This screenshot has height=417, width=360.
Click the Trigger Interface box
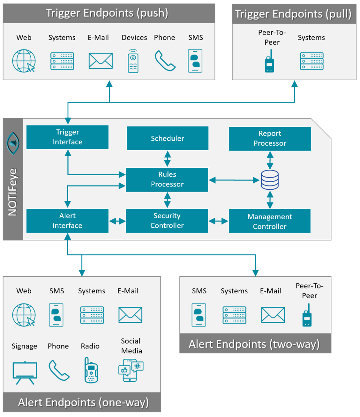67,137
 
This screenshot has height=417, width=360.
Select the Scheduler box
168,138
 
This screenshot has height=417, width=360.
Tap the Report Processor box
270,139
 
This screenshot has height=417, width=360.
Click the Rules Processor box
167,180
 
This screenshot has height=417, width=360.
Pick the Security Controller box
167,221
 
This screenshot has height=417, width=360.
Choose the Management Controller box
270,221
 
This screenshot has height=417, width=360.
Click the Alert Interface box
67,221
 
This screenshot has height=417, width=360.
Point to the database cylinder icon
270,180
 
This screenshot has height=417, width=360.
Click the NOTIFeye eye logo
13,143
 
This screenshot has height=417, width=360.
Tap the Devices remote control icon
133,61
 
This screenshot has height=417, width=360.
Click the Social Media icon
131,370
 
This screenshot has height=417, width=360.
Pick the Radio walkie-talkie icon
91,370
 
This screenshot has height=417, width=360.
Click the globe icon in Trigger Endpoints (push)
24,61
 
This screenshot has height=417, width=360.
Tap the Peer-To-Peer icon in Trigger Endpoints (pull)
269,62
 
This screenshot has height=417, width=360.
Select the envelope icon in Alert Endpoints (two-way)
273,315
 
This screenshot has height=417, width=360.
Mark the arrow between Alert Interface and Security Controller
117,221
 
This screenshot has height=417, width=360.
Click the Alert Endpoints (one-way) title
83,402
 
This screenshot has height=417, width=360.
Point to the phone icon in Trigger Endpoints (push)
165,61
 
